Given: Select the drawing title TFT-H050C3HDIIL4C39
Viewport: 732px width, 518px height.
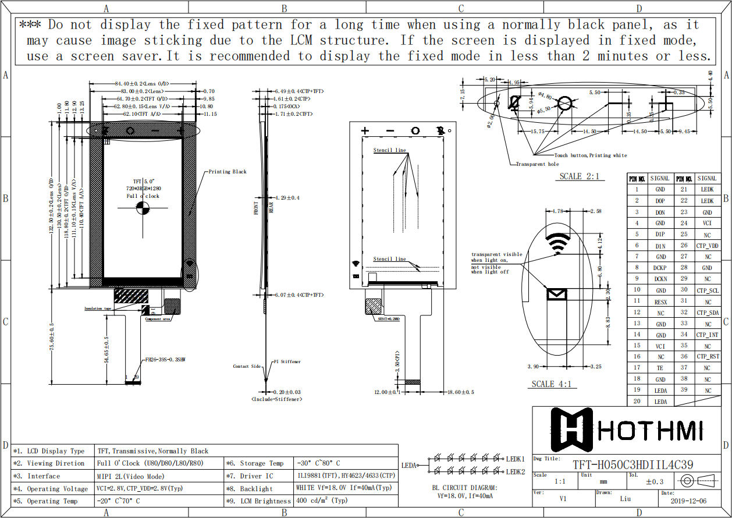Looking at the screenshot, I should tap(632, 464).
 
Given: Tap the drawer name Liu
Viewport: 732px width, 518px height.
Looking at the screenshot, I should tap(625, 499).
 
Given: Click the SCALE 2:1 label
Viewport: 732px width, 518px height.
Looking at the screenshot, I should tap(578, 176).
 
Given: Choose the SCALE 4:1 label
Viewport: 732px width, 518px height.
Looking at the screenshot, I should tap(550, 384).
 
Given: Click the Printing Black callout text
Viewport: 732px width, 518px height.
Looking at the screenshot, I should tap(228, 172).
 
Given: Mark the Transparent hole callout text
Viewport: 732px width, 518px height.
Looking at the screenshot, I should tap(537, 164).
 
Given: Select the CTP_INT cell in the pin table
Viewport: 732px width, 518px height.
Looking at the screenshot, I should tap(707, 335).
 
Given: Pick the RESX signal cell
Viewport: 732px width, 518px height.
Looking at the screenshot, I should tap(660, 302).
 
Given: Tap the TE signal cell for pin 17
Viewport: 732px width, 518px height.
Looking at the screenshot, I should tap(660, 368).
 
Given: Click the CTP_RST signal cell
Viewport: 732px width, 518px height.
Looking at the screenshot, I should tap(707, 357).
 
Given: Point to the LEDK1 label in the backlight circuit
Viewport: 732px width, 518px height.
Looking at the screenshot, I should tap(516, 459).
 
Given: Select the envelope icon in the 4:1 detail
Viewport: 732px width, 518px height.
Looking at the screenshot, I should tap(557, 294).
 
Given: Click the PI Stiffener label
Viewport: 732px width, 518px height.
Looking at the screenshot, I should tap(287, 361).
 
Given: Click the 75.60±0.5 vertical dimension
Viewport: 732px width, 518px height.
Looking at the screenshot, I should tap(52, 336).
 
